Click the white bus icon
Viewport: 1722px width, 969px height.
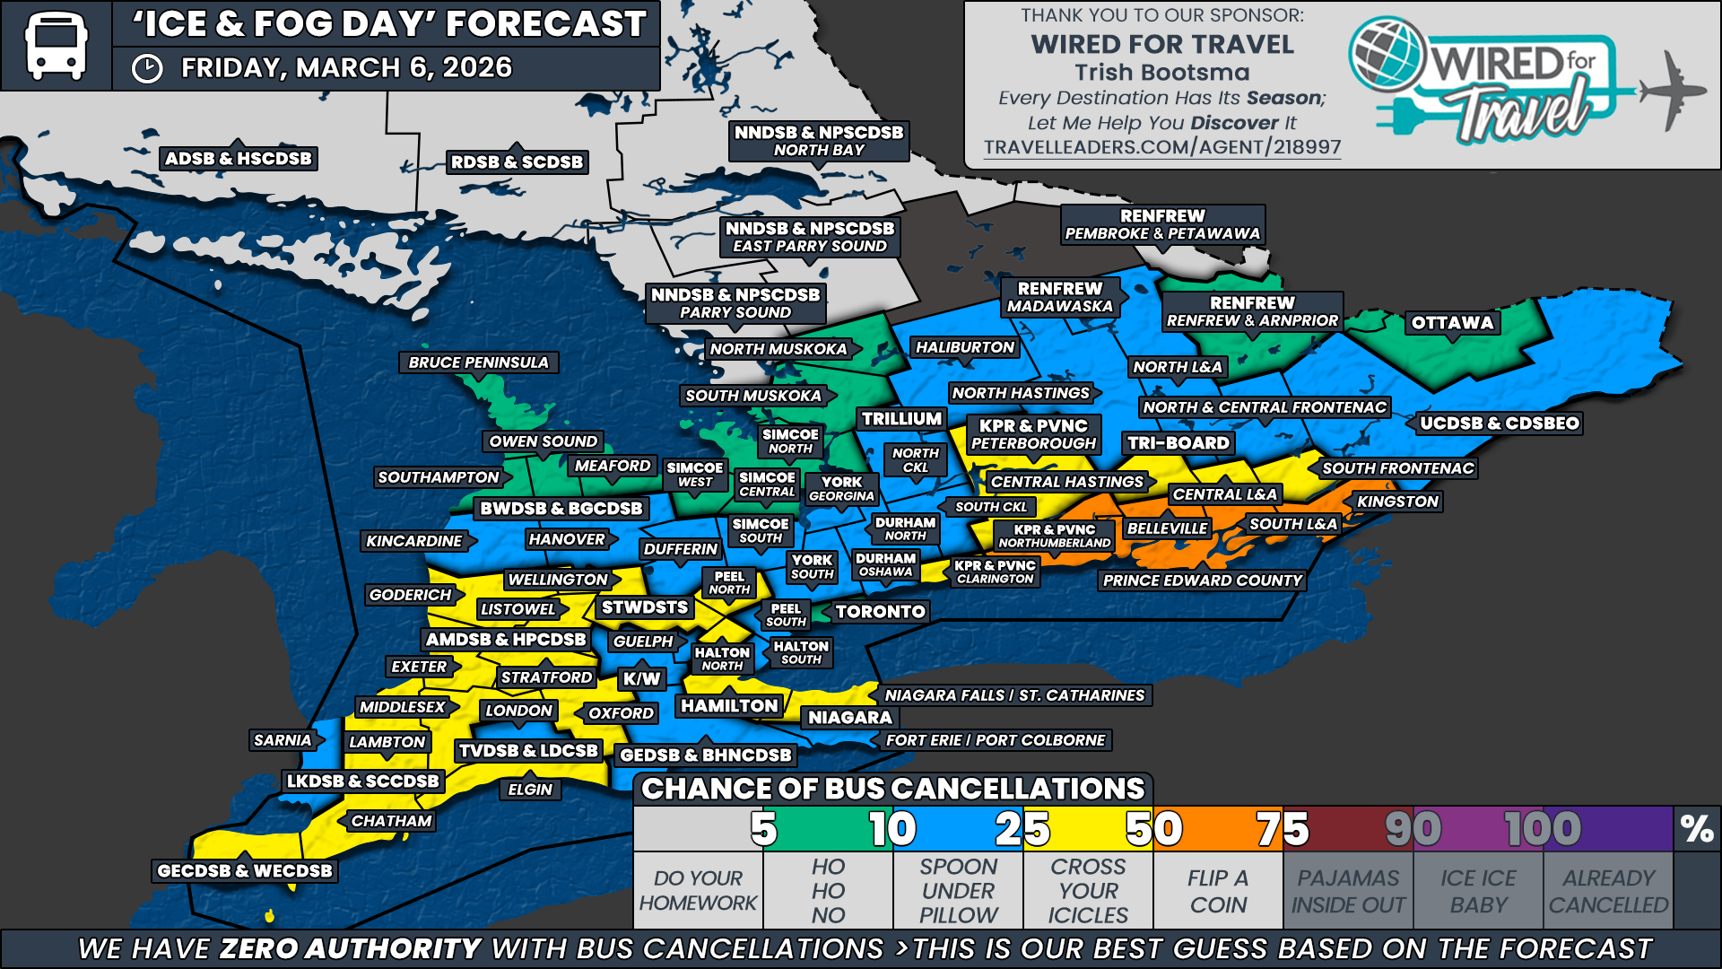coord(56,45)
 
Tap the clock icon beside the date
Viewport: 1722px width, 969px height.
coord(147,69)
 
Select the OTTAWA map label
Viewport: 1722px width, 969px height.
coord(1452,323)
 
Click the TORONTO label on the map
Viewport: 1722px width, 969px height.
coord(880,612)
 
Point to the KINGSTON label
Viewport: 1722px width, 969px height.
coord(1396,502)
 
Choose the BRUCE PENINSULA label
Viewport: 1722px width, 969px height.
coord(478,362)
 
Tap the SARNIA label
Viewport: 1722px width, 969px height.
coord(283,740)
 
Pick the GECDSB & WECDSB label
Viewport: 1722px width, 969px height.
coord(244,870)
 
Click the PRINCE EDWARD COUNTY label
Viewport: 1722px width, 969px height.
coord(1202,581)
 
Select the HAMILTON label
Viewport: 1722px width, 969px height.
coord(729,706)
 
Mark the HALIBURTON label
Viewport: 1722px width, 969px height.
coord(964,347)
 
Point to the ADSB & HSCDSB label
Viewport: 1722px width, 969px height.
coord(239,159)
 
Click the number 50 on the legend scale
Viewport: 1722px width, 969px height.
coord(1153,829)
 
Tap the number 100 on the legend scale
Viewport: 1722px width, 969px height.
coord(1542,829)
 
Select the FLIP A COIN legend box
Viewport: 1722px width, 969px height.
coord(1218,891)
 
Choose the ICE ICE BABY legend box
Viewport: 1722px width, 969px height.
coord(1478,891)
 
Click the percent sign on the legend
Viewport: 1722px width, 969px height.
coord(1696,828)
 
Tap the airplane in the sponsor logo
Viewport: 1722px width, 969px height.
coord(1673,90)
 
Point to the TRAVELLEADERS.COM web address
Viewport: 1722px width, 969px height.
coord(1161,147)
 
